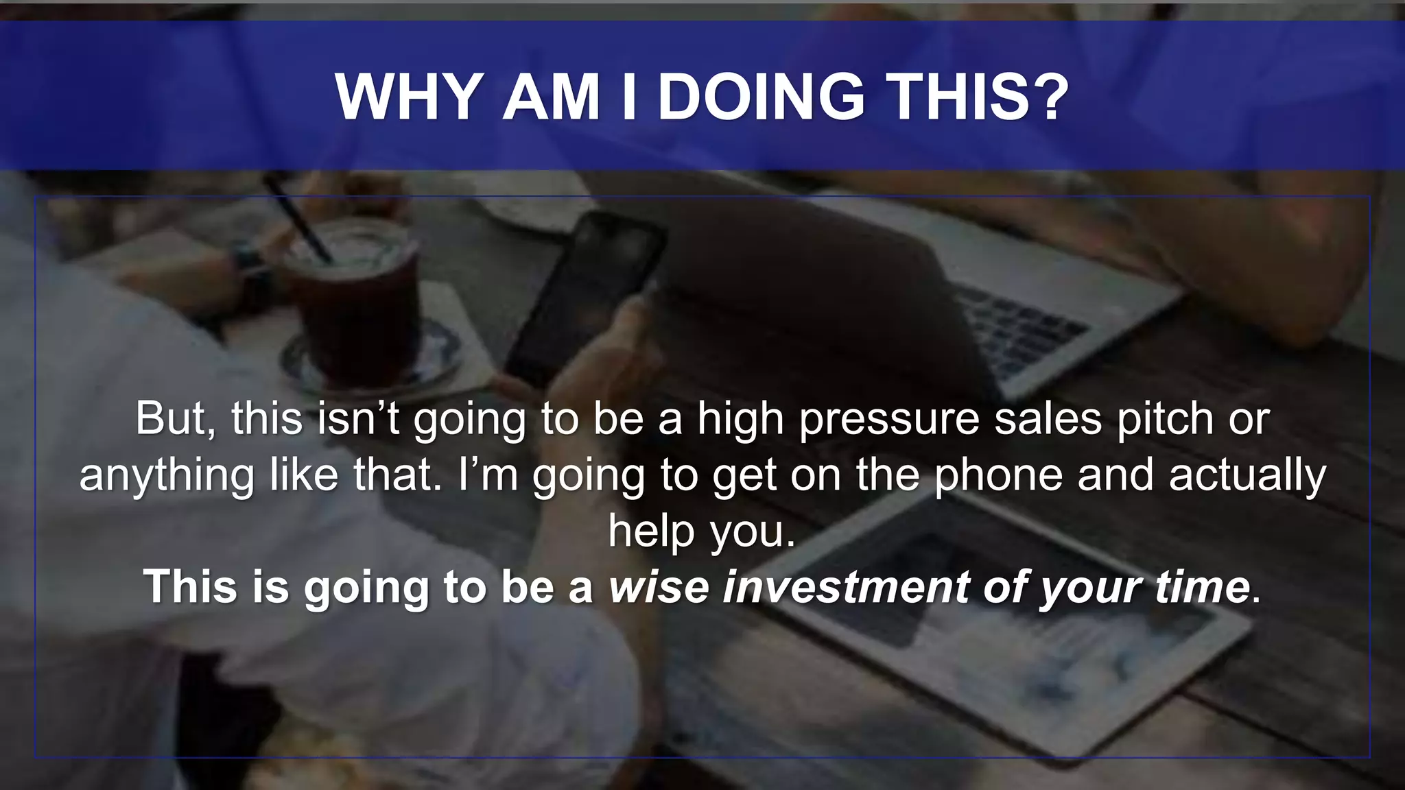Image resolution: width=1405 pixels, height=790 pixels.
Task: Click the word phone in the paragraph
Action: (x=999, y=475)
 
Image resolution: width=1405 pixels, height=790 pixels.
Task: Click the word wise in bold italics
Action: (x=659, y=587)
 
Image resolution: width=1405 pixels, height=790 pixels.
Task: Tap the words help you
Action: (x=701, y=531)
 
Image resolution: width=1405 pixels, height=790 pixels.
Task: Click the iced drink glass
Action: (x=351, y=302)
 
